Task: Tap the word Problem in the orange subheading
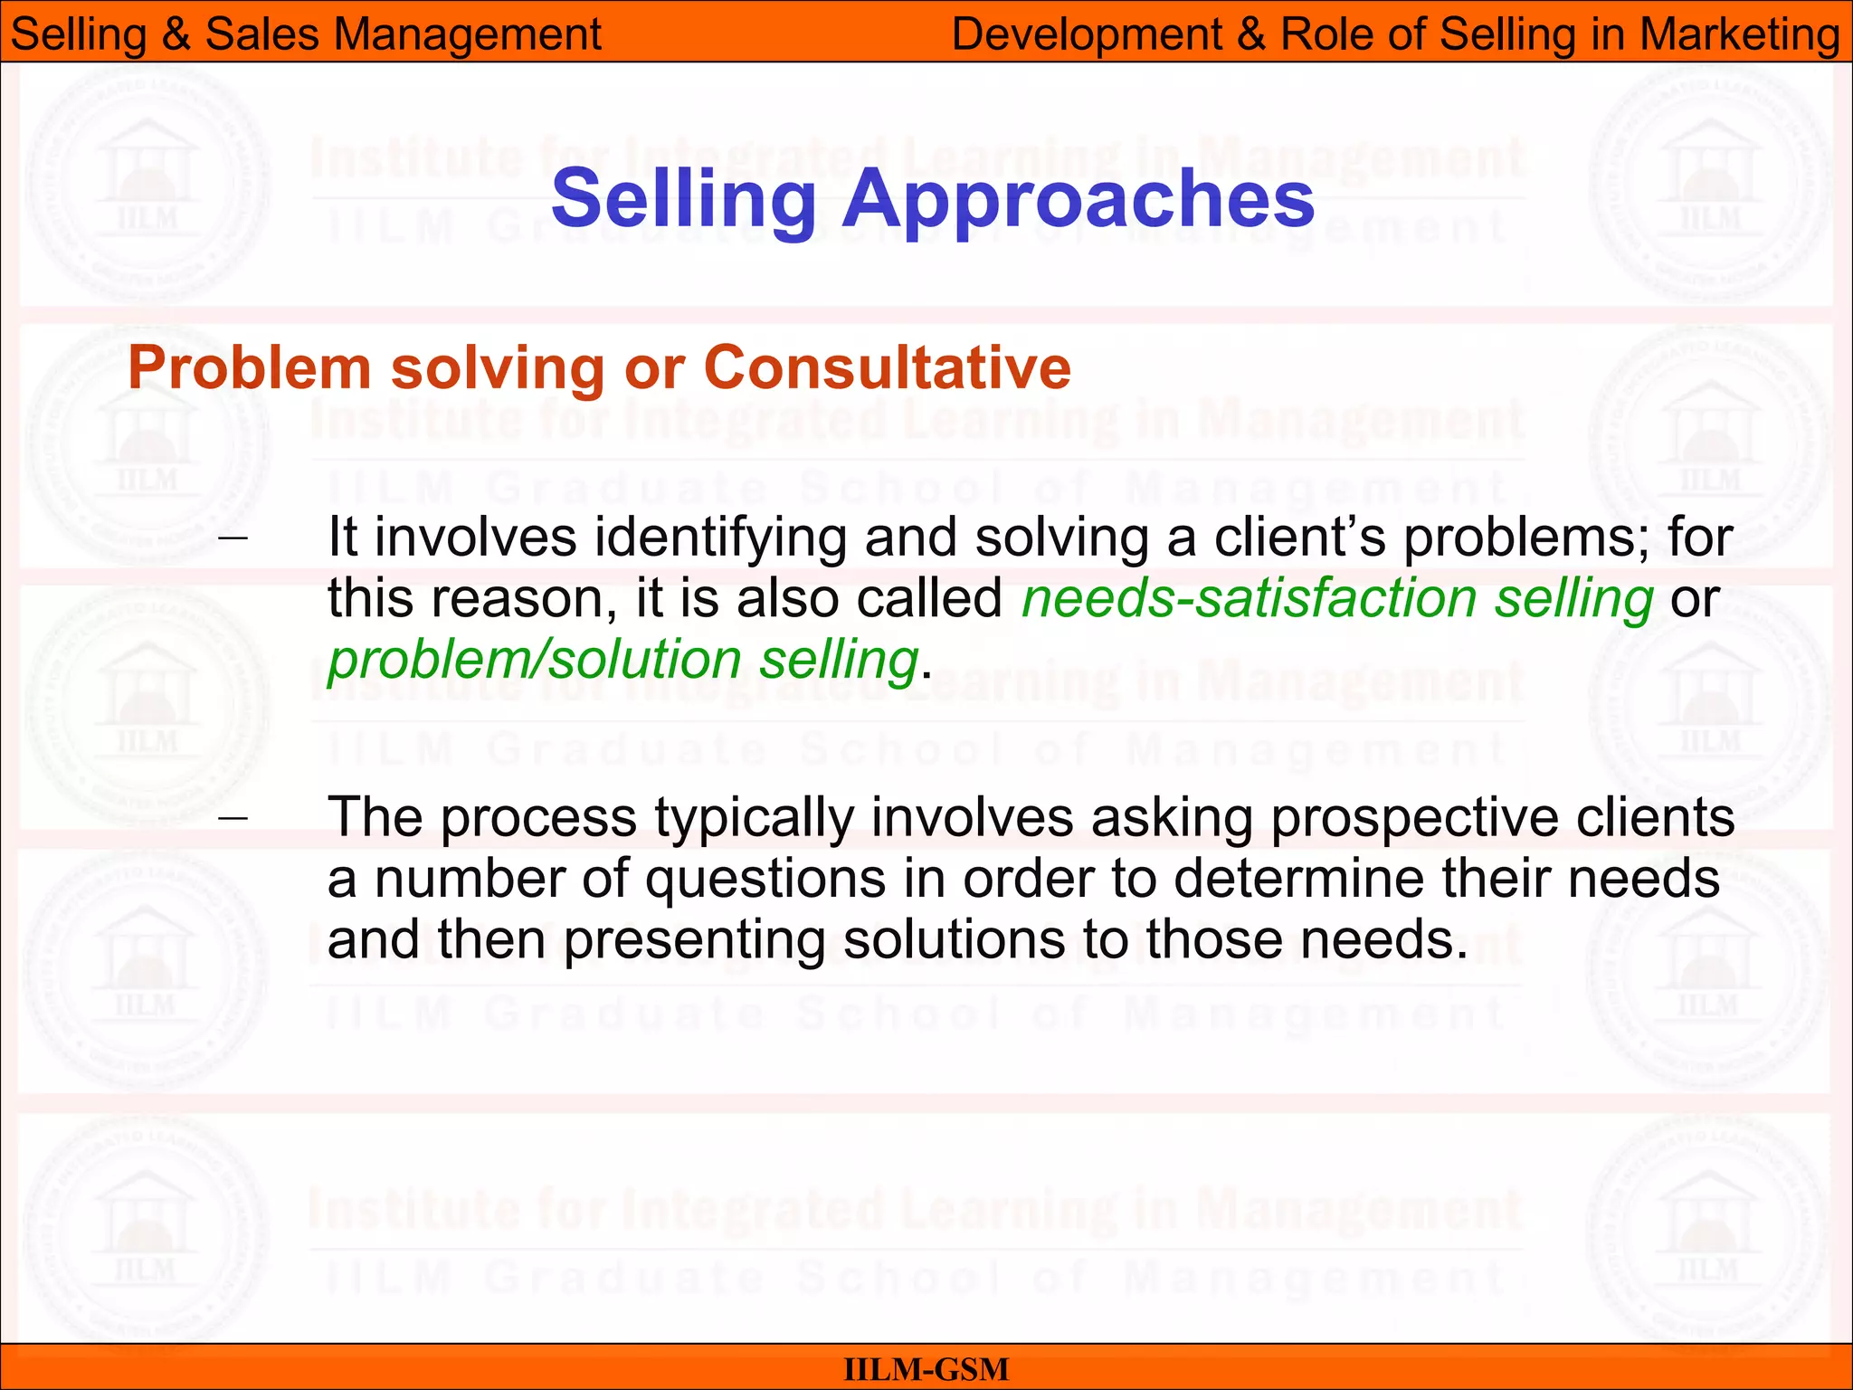point(250,368)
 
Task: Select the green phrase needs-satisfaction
point(1250,599)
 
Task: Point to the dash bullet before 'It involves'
point(233,538)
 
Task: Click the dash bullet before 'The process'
point(233,817)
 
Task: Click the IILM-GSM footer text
point(926,1369)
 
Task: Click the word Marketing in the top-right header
point(1739,34)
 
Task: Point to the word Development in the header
point(1088,34)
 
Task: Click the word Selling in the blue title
point(684,200)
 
